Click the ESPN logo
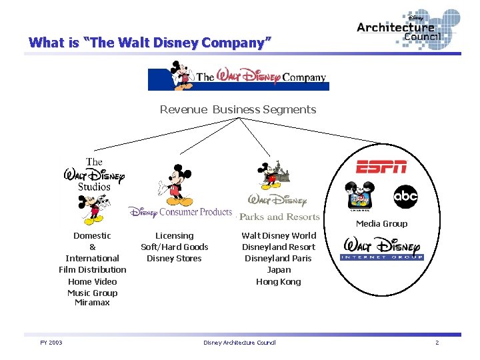[x=381, y=167]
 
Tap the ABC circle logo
[x=405, y=197]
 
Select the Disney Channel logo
[x=361, y=197]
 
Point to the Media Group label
[x=381, y=224]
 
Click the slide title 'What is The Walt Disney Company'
[x=150, y=43]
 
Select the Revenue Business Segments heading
[x=238, y=109]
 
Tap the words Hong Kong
[x=279, y=281]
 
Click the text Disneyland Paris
[x=279, y=259]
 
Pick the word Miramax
[x=92, y=303]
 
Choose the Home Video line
[x=92, y=281]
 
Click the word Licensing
[x=174, y=235]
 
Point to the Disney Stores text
[x=174, y=259]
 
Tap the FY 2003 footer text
[x=51, y=343]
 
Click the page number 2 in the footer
[x=437, y=343]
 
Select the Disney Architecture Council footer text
[x=239, y=343]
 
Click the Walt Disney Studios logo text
[x=94, y=175]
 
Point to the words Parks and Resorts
[x=279, y=217]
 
